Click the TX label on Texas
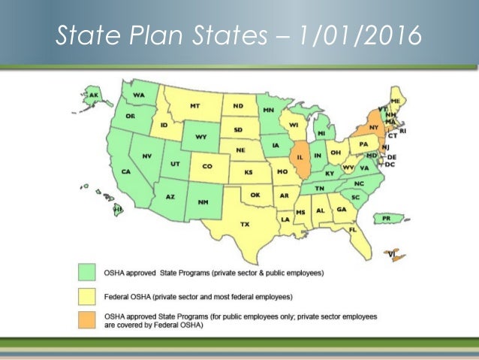244,224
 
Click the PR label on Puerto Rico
387,219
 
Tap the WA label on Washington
139,95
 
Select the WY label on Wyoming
200,138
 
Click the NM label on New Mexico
203,202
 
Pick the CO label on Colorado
207,167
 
